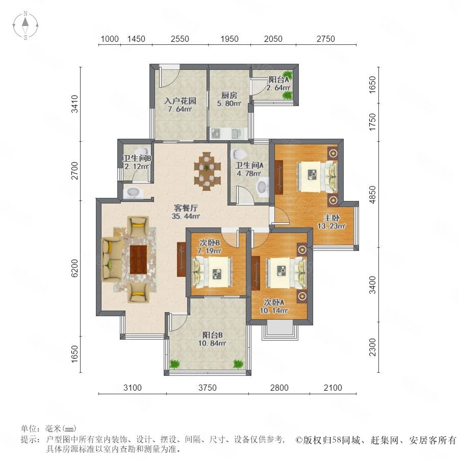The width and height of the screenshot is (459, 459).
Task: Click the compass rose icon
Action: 25,25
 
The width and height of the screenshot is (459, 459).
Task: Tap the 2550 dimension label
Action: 180,39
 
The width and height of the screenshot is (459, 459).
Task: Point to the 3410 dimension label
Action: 75,104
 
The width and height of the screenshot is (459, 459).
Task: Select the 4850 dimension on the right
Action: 372,195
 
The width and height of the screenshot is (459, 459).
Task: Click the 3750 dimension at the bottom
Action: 207,388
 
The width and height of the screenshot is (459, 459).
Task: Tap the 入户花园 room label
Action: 180,101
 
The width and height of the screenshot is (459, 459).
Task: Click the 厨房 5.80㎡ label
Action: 229,99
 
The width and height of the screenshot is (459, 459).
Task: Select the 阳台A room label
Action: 278,80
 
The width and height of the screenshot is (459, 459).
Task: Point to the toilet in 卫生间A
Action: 239,154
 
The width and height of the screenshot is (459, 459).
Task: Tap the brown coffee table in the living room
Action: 138,260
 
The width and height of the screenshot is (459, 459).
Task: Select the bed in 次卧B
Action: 212,272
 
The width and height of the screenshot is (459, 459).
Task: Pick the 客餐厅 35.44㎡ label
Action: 186,212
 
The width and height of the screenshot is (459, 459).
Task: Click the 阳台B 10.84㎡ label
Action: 212,339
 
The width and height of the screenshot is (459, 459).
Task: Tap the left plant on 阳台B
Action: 175,364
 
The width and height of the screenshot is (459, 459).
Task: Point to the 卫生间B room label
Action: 137,159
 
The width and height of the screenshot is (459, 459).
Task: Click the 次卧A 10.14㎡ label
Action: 274,307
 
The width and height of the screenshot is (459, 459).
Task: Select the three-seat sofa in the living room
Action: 112,260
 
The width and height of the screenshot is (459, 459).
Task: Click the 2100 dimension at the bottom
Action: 333,388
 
